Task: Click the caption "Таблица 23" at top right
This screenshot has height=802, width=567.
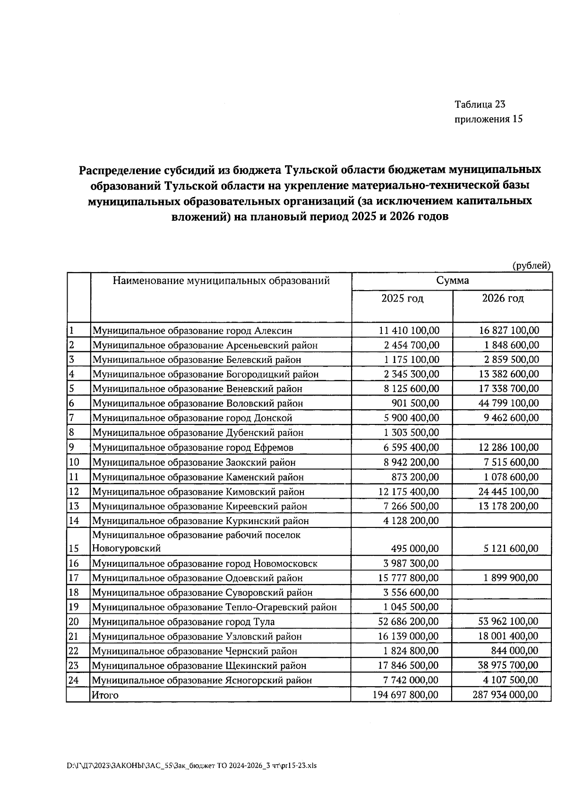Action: [x=480, y=104]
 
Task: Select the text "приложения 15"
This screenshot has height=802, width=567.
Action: [x=489, y=119]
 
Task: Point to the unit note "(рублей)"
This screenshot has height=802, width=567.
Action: [x=532, y=266]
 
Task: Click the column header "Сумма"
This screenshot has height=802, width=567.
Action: [x=452, y=281]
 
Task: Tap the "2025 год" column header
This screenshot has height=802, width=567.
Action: [x=403, y=299]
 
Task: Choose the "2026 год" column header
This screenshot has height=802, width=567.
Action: [x=503, y=299]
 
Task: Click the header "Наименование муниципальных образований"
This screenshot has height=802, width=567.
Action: [x=221, y=281]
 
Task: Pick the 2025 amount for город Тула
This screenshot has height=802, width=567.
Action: [x=408, y=621]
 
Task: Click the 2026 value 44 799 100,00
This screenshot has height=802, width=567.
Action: [x=508, y=403]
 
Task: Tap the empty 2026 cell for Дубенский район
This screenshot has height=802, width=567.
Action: [x=502, y=432]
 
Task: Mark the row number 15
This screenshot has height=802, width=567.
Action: [x=74, y=549]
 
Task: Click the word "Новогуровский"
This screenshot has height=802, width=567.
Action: [x=126, y=549]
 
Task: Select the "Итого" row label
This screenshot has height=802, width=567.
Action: [x=105, y=695]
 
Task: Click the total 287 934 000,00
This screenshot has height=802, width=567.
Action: [x=505, y=695]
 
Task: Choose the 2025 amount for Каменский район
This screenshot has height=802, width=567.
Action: [x=415, y=477]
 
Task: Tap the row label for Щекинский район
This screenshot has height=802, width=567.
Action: [x=199, y=666]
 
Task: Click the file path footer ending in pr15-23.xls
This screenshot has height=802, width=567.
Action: [x=191, y=766]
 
